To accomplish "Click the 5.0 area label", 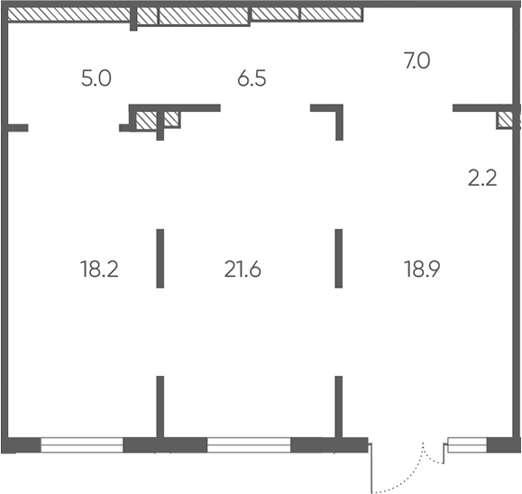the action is [96, 79].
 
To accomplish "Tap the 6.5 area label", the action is [252, 79].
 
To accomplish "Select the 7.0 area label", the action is [417, 61].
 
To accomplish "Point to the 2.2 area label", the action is [482, 178].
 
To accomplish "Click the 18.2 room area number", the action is [99, 269].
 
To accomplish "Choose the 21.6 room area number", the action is [243, 269].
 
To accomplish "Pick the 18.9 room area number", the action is [422, 269].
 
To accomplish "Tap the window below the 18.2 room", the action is [82, 445].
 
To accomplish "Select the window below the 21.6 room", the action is [249, 445].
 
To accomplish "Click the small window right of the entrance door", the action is [467, 445].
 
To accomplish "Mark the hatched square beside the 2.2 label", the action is [505, 120].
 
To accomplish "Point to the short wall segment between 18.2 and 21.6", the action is [160, 259].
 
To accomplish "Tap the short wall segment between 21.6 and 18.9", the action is [339, 259].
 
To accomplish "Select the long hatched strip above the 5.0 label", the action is [69, 14].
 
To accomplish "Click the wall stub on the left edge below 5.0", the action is [18, 128].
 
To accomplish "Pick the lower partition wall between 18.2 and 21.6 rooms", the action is [160, 407].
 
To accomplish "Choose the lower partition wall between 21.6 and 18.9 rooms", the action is [339, 407].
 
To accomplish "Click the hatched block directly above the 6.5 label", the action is [204, 16].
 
